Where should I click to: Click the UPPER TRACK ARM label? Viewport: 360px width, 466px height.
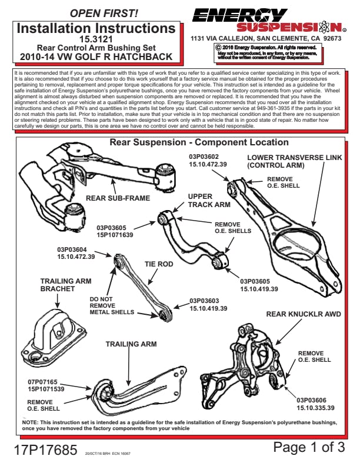point(209,201)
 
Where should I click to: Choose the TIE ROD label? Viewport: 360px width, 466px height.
point(159,264)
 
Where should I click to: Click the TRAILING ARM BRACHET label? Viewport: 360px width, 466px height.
point(65,285)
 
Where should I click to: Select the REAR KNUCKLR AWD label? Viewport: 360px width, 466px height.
point(304,314)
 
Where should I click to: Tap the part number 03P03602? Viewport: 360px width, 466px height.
point(204,157)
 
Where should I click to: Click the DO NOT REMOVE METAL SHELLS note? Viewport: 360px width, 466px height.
point(112,305)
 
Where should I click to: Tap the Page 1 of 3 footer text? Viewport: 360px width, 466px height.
point(309,447)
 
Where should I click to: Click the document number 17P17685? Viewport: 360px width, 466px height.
point(46,450)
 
